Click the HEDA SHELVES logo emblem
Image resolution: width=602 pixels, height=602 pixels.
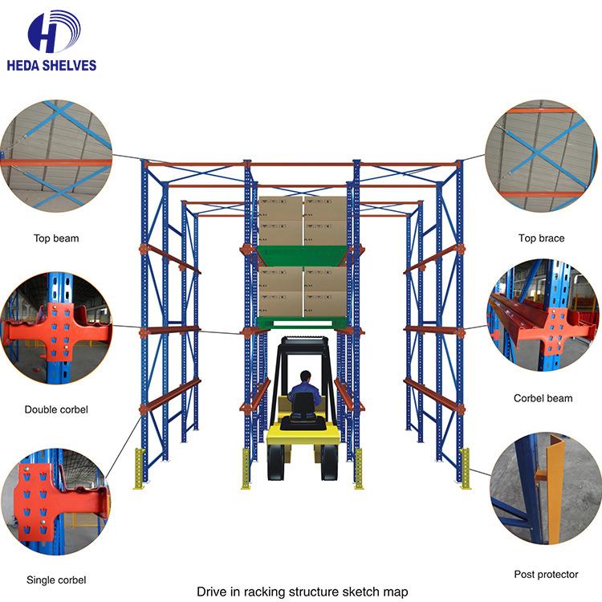pyautogui.click(x=54, y=31)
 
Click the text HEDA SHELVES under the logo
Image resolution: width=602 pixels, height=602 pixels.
pyautogui.click(x=51, y=65)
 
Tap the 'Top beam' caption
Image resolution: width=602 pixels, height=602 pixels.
pyautogui.click(x=56, y=238)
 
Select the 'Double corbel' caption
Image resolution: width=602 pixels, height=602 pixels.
pyautogui.click(x=56, y=409)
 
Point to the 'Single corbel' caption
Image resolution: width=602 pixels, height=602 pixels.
pyautogui.click(x=56, y=580)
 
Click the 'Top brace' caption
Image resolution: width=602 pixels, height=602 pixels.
pyautogui.click(x=541, y=238)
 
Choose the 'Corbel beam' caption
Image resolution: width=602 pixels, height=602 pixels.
pyautogui.click(x=543, y=398)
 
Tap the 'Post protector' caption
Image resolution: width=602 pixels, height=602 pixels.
pyautogui.click(x=546, y=575)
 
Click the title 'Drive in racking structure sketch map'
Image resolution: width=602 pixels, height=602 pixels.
pyautogui.click(x=302, y=592)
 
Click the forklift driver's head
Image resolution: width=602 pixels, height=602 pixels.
pyautogui.click(x=305, y=376)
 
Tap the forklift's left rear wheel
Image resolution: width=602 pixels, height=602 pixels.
pyautogui.click(x=276, y=462)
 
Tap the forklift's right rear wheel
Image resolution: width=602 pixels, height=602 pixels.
pyautogui.click(x=329, y=462)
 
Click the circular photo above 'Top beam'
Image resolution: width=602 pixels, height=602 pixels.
pyautogui.click(x=56, y=156)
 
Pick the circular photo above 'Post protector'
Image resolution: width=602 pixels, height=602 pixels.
pyautogui.click(x=544, y=488)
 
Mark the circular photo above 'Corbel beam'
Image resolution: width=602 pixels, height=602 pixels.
pyautogui.click(x=543, y=315)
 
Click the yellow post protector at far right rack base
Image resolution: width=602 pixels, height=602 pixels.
pyautogui.click(x=466, y=469)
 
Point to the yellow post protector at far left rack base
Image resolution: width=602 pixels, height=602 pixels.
pyautogui.click(x=139, y=469)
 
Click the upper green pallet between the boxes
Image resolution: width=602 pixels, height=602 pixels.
pyautogui.click(x=303, y=256)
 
